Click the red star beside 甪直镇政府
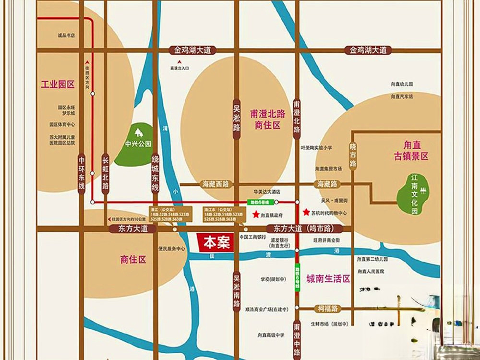(x=256, y=216)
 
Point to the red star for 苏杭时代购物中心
(x=306, y=212)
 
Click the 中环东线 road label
(x=82, y=173)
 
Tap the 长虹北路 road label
(x=106, y=173)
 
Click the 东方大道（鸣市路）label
(x=300, y=229)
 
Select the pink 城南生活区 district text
(x=328, y=279)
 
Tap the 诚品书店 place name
(x=66, y=36)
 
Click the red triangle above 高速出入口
(x=179, y=62)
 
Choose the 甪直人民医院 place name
(x=371, y=271)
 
